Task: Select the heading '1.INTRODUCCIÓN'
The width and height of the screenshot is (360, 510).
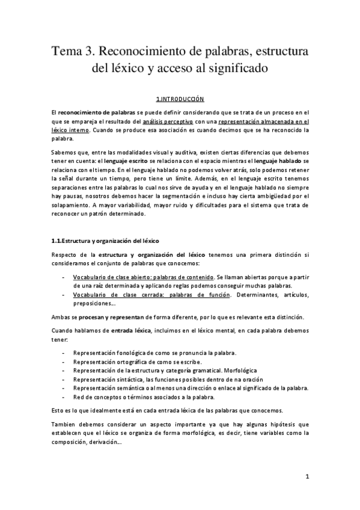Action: click(180, 97)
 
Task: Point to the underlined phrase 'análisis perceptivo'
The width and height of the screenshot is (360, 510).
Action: click(168, 121)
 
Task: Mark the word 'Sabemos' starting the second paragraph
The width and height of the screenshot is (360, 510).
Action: click(64, 152)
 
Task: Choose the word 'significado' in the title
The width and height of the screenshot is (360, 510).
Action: click(230, 69)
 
